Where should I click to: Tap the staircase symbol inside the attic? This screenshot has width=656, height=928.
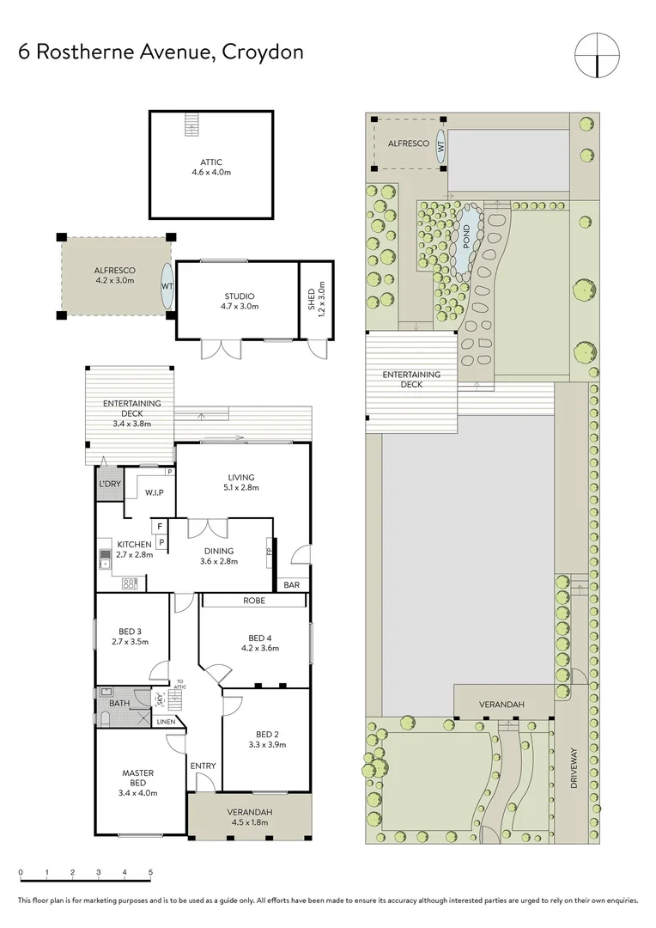[x=191, y=125]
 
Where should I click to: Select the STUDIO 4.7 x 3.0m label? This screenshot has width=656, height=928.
[x=235, y=301]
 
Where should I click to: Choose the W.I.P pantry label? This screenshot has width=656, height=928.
[x=155, y=492]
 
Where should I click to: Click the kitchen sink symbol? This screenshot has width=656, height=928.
[x=105, y=559]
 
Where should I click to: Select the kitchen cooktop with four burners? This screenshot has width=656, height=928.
[x=131, y=583]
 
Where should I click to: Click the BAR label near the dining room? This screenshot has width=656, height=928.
[x=292, y=585]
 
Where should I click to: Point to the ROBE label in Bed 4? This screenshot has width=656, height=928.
[x=253, y=601]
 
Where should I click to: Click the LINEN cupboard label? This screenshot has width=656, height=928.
[x=166, y=722]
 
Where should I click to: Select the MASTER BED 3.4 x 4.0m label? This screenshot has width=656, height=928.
[x=137, y=778]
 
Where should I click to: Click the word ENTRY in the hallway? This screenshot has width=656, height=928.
[x=203, y=766]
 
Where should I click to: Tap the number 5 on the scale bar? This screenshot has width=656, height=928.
[x=151, y=872]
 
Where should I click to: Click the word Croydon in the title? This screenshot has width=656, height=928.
[x=263, y=52]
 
